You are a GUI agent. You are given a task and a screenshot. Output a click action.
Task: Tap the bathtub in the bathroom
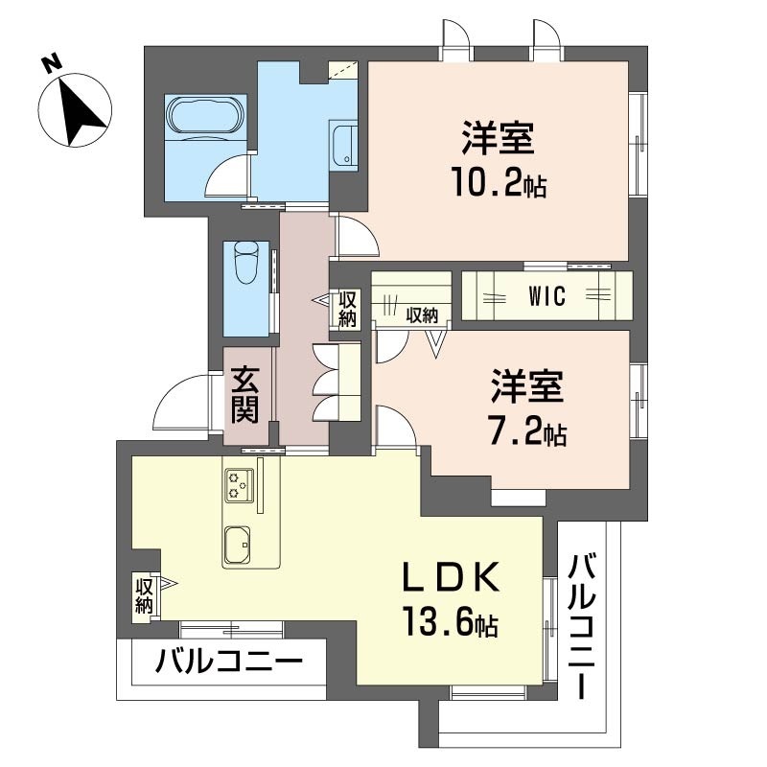(x=205, y=116)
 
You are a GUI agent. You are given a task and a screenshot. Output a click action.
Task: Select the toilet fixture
(x=245, y=263)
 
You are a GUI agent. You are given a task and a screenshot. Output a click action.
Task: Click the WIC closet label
(x=546, y=296)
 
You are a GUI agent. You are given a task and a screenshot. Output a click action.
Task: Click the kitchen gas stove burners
(x=238, y=486)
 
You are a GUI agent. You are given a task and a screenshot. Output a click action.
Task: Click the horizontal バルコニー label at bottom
(x=229, y=662)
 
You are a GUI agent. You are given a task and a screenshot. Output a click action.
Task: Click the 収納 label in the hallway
(x=346, y=309)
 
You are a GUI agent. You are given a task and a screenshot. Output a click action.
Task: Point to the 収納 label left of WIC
(x=421, y=314)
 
